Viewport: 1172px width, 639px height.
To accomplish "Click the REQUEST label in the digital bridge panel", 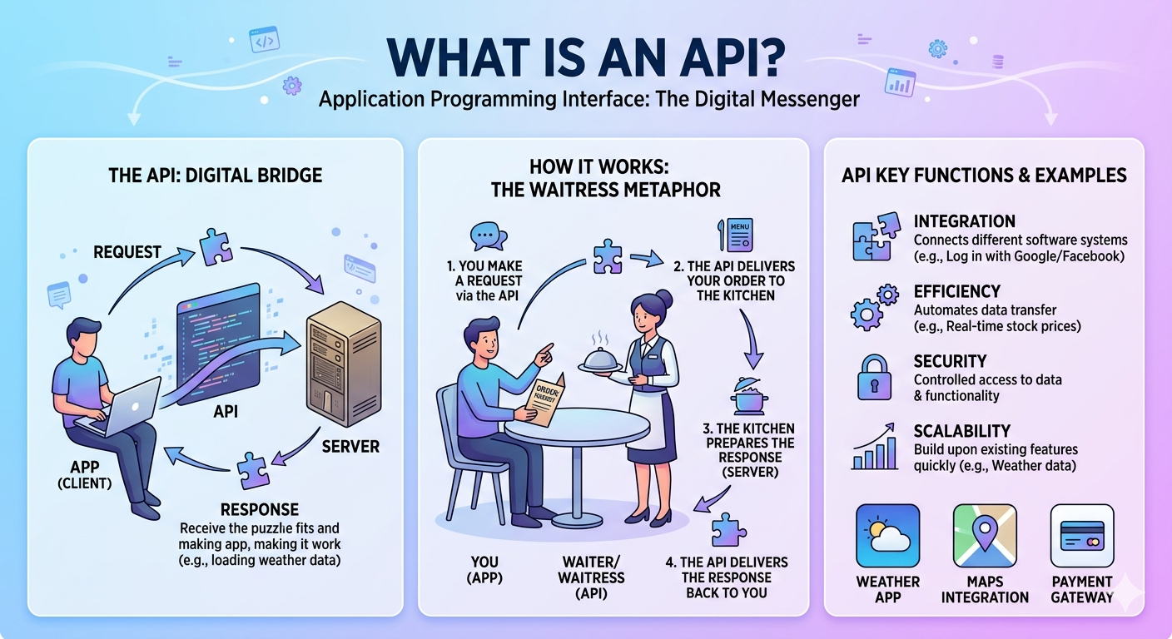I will [128, 250].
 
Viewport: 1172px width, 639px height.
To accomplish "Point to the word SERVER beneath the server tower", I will [350, 447].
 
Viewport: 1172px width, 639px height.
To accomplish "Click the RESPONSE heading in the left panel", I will [259, 509].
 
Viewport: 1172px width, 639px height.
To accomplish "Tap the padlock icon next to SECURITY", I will [874, 379].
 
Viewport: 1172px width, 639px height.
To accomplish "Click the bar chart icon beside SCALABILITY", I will [874, 448].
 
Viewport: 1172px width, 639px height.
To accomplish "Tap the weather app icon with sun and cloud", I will [887, 536].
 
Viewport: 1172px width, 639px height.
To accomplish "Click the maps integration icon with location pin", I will [985, 536].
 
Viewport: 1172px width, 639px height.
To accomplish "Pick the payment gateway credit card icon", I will [1081, 536].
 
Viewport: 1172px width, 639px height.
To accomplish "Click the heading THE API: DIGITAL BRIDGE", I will [215, 176].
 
